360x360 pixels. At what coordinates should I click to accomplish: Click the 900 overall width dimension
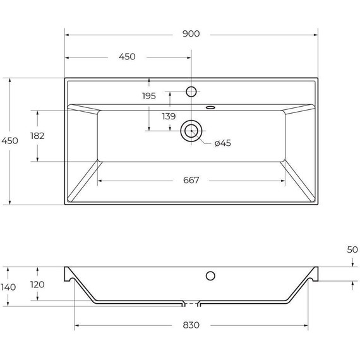click(x=190, y=34)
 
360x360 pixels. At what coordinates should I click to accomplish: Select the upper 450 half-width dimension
click(x=127, y=57)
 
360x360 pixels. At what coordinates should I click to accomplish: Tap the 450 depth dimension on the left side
click(x=11, y=141)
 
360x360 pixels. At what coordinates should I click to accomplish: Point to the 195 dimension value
click(x=148, y=96)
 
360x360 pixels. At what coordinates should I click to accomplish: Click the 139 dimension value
click(x=169, y=116)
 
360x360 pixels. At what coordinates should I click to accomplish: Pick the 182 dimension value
click(x=37, y=136)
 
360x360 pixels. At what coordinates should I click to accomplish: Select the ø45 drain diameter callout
click(x=223, y=143)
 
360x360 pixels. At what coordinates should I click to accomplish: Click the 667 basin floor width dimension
click(x=192, y=180)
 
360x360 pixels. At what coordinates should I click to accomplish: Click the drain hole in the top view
click(x=190, y=131)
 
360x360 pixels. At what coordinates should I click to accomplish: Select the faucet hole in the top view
click(x=191, y=92)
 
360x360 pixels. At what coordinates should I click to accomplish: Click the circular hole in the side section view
click(x=211, y=275)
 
